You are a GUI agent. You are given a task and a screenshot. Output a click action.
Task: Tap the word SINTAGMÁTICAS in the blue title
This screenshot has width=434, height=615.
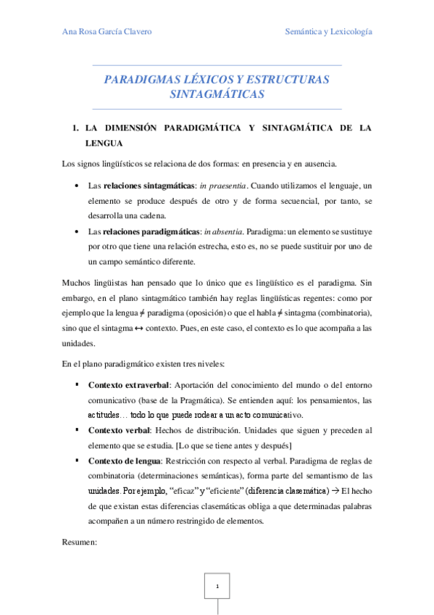click(x=217, y=94)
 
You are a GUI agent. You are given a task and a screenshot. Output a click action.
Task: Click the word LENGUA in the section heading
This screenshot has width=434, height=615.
click(x=105, y=144)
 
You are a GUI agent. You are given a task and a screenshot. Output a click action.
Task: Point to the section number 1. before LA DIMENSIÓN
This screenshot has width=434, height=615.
click(x=74, y=128)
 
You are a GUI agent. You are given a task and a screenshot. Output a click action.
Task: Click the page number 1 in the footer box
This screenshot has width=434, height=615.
click(x=217, y=585)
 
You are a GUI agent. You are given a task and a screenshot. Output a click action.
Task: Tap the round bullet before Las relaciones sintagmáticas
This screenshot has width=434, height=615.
click(x=77, y=186)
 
